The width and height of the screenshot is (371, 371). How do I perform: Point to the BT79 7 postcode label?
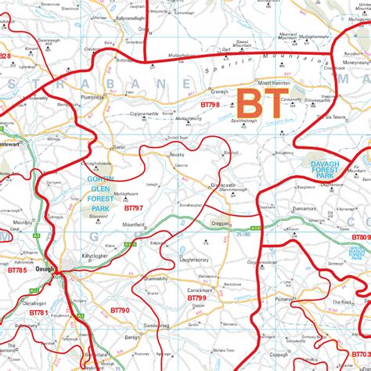pos(133,208)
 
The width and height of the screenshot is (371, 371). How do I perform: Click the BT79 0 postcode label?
pos(120,310)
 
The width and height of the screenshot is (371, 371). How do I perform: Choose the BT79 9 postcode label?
pos(196,298)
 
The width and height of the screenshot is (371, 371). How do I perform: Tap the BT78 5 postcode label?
pos(17,270)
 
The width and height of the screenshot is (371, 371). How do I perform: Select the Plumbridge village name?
pos(92,98)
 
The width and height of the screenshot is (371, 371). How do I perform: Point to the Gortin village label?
pos(119,146)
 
